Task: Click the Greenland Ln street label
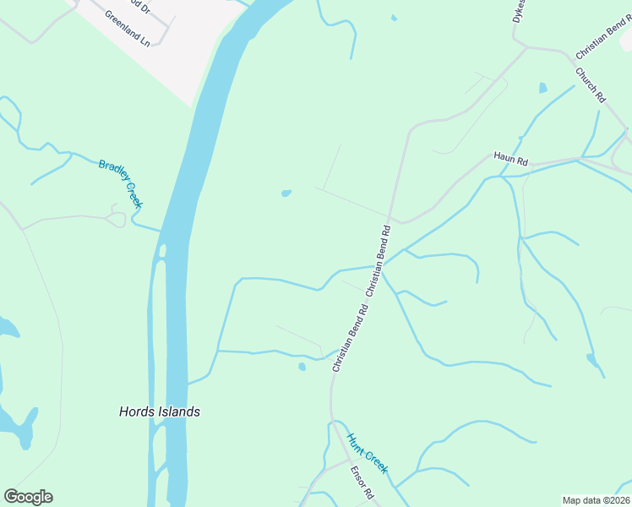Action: coord(127,28)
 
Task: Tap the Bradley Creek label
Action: coord(120,183)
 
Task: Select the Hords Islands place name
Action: coord(159,412)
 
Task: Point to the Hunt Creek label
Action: coord(367,454)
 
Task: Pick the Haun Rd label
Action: coord(510,159)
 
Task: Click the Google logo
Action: coord(28,497)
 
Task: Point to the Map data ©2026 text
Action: coord(596,500)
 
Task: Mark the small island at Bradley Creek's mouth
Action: coord(162,251)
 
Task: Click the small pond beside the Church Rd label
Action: coord(542,87)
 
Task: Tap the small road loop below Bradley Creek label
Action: coord(117,218)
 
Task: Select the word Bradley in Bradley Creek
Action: coord(111,173)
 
